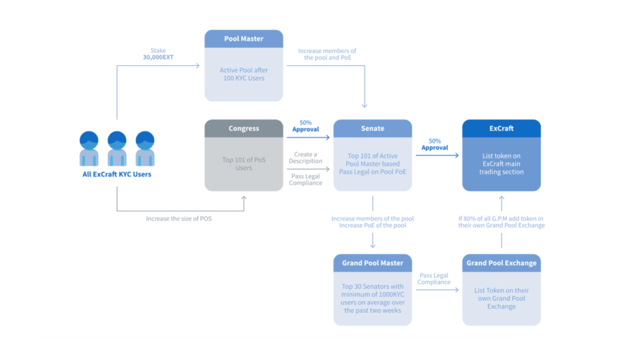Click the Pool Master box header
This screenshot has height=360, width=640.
(x=244, y=39)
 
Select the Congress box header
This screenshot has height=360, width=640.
(x=244, y=129)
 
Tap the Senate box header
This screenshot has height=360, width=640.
(x=372, y=129)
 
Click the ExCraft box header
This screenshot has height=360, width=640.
(x=501, y=129)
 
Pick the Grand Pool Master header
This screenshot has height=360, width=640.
(x=372, y=263)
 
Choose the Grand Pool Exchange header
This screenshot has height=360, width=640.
(x=501, y=263)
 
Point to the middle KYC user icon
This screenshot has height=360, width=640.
(x=117, y=149)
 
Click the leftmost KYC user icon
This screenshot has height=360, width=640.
(x=89, y=149)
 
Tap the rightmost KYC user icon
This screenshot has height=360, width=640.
(x=145, y=149)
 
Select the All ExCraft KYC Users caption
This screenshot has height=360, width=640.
(x=117, y=174)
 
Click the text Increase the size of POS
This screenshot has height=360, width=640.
(x=179, y=218)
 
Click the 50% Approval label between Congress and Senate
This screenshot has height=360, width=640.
(x=306, y=126)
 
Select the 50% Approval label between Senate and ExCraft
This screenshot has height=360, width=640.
(x=435, y=144)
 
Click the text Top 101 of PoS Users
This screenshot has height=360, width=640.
(x=244, y=163)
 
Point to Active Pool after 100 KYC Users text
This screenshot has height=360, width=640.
(x=244, y=74)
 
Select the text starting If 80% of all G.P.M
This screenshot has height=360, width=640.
(x=501, y=222)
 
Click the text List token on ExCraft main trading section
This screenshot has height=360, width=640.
(x=501, y=163)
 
